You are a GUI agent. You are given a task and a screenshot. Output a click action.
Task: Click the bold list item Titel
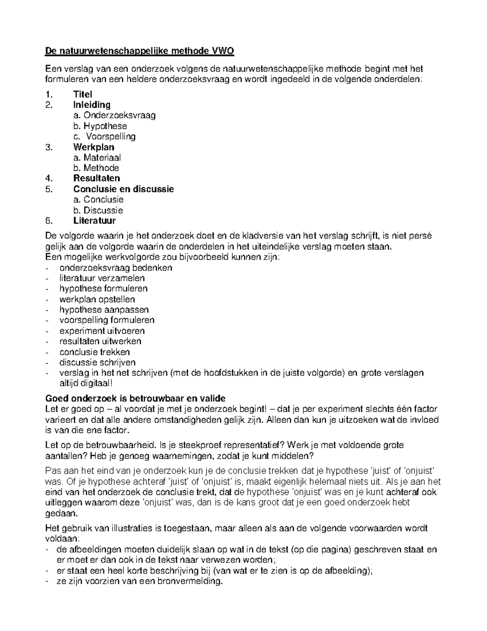83,94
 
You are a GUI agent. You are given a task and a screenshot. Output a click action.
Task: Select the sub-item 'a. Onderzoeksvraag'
114,115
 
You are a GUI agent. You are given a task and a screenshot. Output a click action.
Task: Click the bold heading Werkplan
94,147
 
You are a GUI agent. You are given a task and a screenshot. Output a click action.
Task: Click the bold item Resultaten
97,178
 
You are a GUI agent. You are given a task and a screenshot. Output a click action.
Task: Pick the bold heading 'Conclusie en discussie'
123,189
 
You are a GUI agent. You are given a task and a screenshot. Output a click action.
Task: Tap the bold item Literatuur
95,221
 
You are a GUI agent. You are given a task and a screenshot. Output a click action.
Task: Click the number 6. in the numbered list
49,221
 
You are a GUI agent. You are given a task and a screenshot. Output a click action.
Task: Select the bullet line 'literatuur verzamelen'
102,278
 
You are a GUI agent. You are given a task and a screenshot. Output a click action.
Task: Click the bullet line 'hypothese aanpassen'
104,310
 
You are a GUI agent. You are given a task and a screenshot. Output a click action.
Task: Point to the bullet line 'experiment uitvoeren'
102,331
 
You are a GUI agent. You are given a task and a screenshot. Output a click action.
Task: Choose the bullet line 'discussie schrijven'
97,362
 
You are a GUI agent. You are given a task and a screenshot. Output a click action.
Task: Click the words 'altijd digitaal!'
84,383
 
